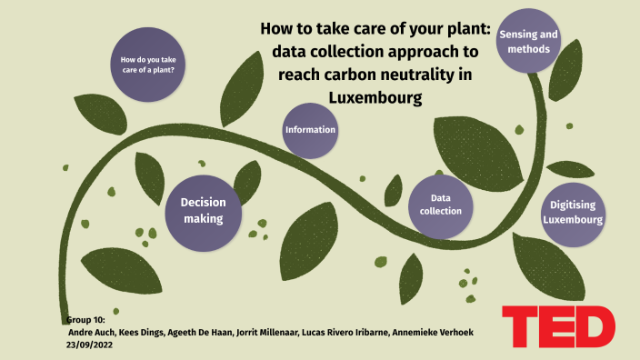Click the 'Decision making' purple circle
tap(204, 211)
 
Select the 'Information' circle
tap(311, 130)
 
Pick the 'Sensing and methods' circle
tap(528, 42)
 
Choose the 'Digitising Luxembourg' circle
tap(573, 212)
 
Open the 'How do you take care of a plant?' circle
tap(147, 65)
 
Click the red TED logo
tap(557, 326)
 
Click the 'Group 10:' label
tap(87, 321)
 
